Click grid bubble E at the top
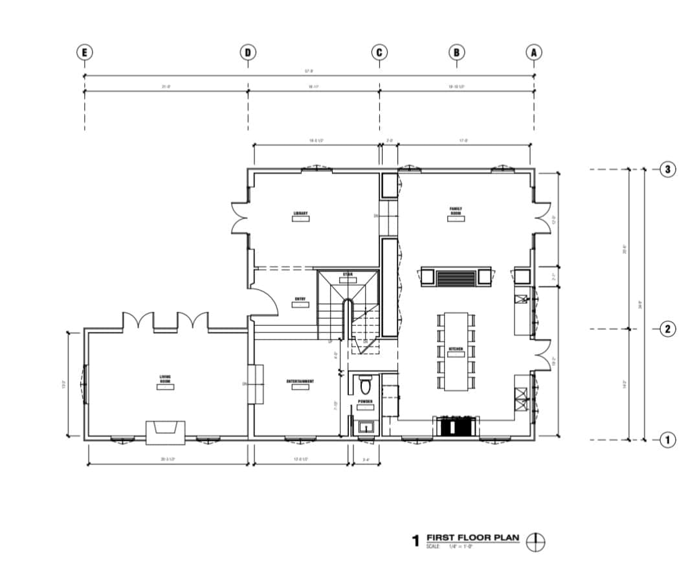tap(83, 52)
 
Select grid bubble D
tap(247, 52)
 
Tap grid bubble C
tap(379, 52)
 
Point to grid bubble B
tap(457, 52)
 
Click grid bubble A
tap(534, 52)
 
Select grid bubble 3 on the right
tap(669, 170)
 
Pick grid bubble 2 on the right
tap(669, 329)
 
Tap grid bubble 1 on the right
tap(669, 440)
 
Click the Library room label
tap(300, 213)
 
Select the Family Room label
tap(456, 211)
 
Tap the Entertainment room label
tap(300, 382)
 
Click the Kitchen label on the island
tap(456, 349)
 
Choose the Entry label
tap(300, 299)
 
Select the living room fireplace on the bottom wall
tap(166, 432)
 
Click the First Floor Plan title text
tap(472, 538)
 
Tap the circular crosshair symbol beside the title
tap(536, 542)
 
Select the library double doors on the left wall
tap(239, 218)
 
